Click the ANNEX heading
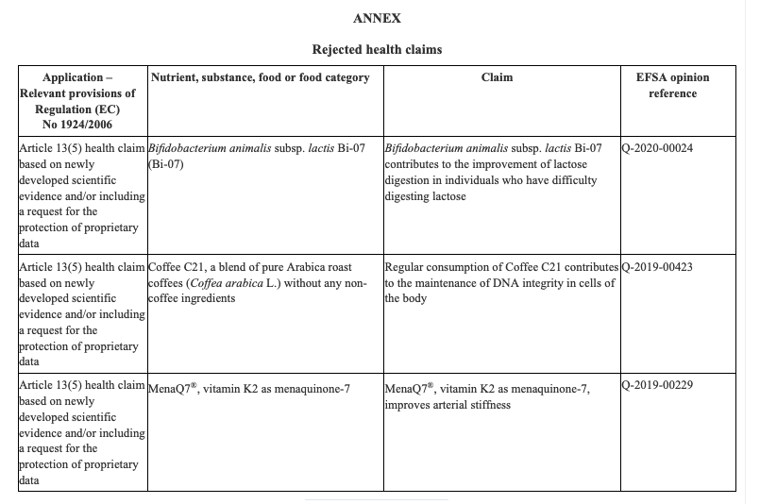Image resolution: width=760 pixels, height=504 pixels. coord(377,18)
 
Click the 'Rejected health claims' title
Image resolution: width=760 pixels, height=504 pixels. coord(377,48)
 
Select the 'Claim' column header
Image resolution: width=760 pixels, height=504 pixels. coord(497,77)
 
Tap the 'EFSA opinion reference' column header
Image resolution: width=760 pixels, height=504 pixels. coord(672,85)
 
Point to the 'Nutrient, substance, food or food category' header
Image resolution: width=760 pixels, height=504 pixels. coord(260,77)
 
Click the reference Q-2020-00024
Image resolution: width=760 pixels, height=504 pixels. coord(658,148)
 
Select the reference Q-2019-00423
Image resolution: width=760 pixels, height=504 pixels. coord(658,267)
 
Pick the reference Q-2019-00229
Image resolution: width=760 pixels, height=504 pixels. coord(658,386)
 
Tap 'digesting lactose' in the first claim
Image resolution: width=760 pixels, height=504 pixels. coord(427,196)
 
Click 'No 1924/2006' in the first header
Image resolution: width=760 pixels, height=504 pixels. coord(82,125)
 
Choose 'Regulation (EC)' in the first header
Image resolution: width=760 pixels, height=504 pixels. coord(82,109)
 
